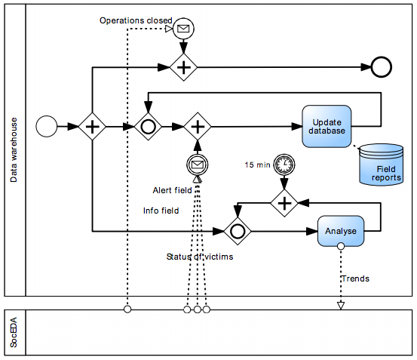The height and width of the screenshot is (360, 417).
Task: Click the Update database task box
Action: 327,126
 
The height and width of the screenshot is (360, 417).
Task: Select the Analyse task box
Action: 341,231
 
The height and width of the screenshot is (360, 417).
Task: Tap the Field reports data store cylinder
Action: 381,165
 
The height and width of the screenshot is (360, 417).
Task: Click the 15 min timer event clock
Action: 284,165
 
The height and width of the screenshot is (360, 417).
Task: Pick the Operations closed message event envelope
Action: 183,29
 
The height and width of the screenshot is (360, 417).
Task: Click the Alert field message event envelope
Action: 198,165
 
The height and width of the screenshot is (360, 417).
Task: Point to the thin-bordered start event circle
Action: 47,126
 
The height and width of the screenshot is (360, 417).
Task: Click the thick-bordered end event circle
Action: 381,67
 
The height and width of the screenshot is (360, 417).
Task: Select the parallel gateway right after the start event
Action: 92,126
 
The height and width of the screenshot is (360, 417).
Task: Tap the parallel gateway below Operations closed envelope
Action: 183,67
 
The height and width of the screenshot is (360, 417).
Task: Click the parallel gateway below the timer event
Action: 284,203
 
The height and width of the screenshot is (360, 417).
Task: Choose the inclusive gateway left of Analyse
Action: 238,231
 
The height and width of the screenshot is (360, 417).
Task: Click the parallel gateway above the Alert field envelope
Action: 198,126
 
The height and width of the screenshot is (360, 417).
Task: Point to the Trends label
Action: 356,278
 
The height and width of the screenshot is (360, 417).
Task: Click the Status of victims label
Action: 200,257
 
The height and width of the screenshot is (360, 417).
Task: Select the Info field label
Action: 161,211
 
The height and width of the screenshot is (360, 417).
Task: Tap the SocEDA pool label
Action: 14,332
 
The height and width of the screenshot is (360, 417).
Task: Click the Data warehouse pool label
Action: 14,150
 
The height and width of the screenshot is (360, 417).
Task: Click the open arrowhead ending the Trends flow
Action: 341,306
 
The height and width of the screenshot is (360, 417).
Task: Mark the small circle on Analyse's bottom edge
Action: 341,246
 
